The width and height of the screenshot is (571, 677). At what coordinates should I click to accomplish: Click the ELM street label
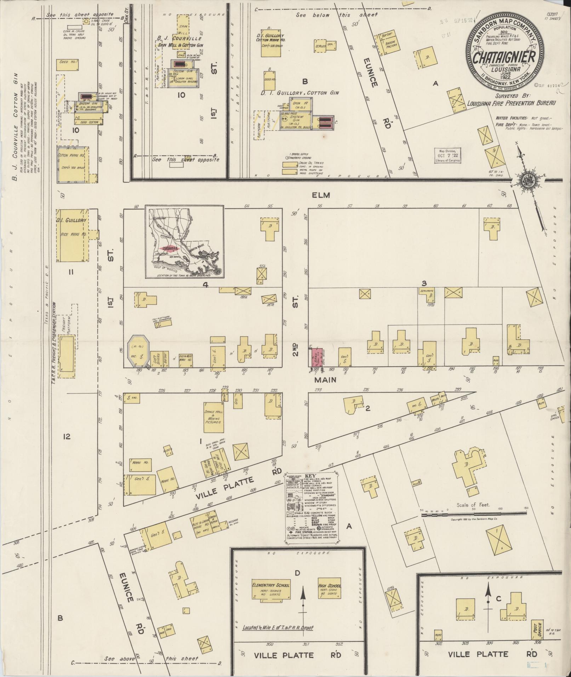click(321, 195)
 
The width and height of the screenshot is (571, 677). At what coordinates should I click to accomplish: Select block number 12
click(67, 436)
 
